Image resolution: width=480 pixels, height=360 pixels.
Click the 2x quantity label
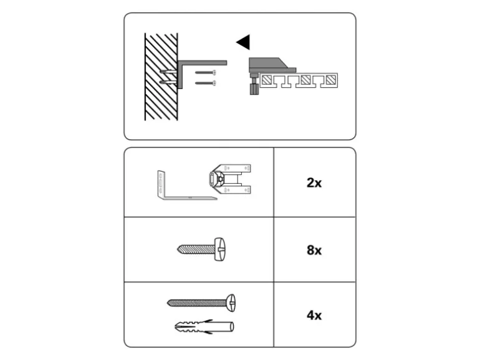click(x=314, y=183)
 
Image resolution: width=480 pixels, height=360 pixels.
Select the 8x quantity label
click(x=314, y=250)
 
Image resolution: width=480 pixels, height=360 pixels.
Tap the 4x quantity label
click(x=314, y=315)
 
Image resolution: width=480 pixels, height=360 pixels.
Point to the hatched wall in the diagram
click(x=161, y=77)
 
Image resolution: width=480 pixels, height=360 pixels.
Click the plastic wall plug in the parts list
click(x=204, y=326)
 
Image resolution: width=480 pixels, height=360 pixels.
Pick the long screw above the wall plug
click(x=201, y=303)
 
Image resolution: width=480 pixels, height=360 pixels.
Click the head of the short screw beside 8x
click(x=220, y=249)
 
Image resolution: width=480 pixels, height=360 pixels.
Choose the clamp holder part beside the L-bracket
click(x=229, y=179)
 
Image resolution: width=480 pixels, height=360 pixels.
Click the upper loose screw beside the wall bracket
click(x=206, y=72)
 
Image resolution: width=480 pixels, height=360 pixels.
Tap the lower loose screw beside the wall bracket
click(x=206, y=83)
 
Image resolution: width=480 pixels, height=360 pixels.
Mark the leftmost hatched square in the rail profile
click(x=266, y=80)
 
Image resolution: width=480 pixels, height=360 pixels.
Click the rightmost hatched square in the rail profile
click(x=330, y=80)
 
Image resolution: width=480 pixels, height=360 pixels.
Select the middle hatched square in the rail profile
click(x=305, y=80)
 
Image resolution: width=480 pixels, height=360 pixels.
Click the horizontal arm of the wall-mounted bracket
click(x=203, y=63)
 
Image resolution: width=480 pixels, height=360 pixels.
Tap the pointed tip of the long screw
click(x=168, y=303)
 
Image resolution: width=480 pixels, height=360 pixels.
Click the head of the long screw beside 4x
click(x=231, y=303)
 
